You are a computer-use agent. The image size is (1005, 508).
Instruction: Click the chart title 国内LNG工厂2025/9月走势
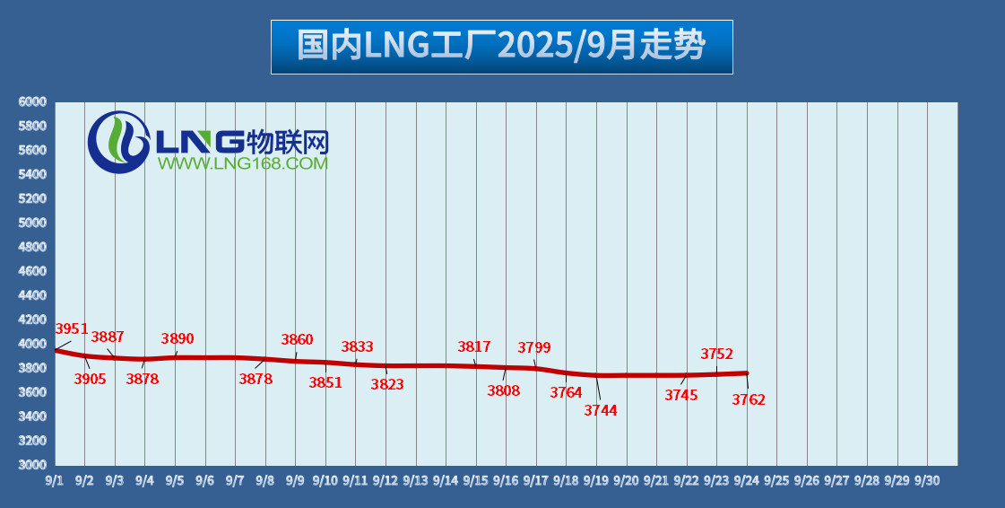point(501,46)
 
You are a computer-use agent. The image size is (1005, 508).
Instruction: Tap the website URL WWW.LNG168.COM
point(243,163)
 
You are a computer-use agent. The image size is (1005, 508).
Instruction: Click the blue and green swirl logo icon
point(118,142)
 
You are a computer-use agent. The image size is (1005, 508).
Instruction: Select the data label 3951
point(72,328)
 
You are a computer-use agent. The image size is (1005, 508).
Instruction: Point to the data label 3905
point(90,379)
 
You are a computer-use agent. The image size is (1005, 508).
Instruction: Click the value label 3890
point(178,338)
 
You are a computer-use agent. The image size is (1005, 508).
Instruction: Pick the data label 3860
point(298,339)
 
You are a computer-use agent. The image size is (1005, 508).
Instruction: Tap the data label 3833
point(357,346)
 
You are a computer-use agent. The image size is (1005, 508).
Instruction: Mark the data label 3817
point(474,346)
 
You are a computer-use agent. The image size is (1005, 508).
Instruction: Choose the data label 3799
point(534,347)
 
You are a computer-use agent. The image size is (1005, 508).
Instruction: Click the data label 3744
point(601,410)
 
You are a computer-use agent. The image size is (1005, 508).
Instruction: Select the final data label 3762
point(749,399)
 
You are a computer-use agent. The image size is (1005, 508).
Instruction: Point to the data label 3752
point(717,354)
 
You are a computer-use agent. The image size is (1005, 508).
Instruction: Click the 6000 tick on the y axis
point(31,102)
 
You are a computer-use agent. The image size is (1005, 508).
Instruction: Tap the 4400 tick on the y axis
point(31,295)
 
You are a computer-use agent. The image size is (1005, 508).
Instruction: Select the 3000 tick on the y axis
point(31,465)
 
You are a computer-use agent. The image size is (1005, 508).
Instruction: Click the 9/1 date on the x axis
point(55,480)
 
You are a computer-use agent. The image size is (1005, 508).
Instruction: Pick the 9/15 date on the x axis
point(475,480)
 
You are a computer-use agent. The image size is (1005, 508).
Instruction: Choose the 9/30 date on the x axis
point(926,480)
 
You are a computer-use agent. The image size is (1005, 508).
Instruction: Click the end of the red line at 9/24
point(747,373)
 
